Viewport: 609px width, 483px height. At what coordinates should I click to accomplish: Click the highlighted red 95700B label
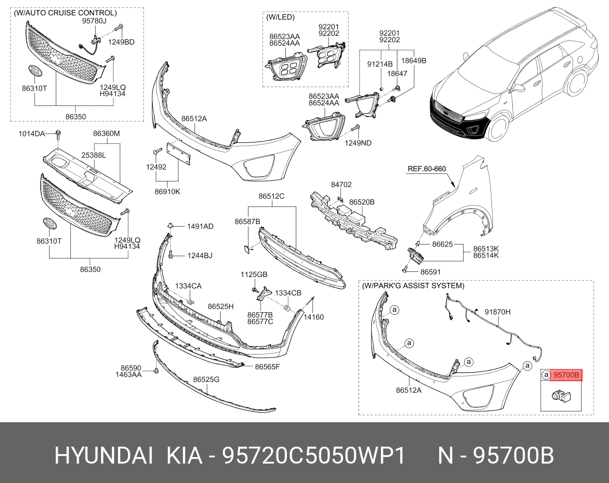[x=567, y=375]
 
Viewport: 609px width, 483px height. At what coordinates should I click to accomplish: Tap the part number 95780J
[x=95, y=21]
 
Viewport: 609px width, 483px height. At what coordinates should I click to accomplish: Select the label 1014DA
[x=32, y=133]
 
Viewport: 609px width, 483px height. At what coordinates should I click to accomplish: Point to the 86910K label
[x=167, y=191]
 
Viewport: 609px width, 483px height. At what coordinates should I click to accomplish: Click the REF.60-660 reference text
[x=427, y=169]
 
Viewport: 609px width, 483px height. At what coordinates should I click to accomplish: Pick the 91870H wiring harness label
[x=498, y=312]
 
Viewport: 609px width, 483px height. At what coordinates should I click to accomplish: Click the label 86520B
[x=362, y=203]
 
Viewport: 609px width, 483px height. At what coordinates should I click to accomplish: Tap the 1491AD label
[x=200, y=227]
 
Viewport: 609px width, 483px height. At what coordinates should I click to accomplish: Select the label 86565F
[x=267, y=367]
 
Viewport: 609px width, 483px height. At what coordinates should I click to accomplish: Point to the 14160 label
[x=314, y=317]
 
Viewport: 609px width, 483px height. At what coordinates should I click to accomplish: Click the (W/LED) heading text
[x=280, y=17]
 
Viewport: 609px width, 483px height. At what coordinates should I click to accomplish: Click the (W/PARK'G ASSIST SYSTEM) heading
[x=413, y=286]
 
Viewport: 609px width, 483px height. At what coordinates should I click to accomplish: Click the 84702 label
[x=341, y=185]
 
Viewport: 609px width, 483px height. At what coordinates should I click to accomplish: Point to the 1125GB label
[x=254, y=274]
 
